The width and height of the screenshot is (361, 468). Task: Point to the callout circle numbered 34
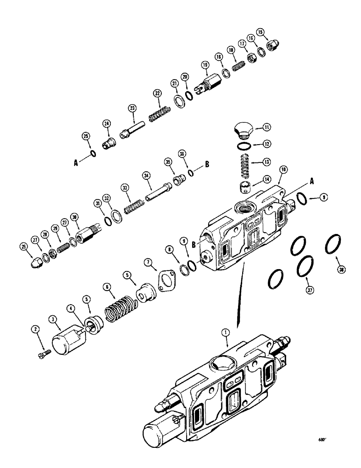[146, 175]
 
